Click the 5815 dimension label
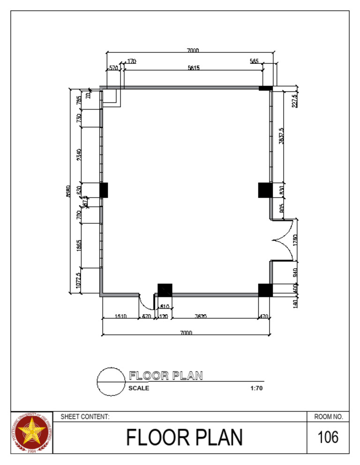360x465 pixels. (194, 68)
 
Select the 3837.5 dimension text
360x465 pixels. (281, 136)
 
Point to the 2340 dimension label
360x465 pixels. (79, 154)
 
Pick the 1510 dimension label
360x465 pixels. (120, 317)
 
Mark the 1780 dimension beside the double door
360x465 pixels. (295, 240)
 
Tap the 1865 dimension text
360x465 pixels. (79, 245)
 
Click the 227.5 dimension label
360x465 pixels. (294, 101)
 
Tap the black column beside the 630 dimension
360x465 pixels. (104, 190)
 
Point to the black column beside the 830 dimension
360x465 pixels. (265, 190)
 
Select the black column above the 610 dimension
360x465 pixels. (165, 290)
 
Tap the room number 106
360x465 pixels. (328, 437)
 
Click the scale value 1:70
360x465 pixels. (256, 388)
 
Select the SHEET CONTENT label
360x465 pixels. (85, 416)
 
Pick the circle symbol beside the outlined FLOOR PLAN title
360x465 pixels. (111, 382)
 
